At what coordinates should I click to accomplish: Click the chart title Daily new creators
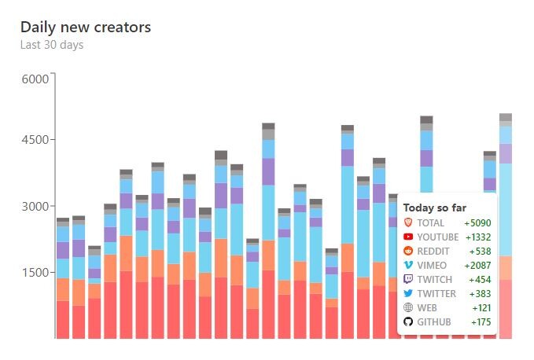86,28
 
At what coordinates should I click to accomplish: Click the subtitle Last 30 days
52,46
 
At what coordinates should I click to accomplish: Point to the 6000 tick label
35,79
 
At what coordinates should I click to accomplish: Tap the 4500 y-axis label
35,140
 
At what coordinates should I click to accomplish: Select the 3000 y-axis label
35,207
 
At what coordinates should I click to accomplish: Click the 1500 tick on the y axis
35,273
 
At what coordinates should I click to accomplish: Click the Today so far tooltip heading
435,208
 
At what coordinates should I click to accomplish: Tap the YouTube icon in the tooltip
408,237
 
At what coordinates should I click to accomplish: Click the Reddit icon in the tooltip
408,251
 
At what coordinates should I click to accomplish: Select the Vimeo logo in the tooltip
408,265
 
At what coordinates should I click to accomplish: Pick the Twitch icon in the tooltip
408,279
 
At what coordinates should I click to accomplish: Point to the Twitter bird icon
408,293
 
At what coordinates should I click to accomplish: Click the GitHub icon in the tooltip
408,322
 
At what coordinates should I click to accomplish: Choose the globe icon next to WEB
408,307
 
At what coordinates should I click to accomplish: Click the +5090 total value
477,223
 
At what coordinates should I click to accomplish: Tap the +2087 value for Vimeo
477,266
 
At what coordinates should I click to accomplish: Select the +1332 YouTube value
478,237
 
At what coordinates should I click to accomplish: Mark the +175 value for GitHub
481,322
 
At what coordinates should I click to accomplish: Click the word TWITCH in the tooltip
435,280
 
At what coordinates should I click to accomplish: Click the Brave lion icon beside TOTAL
408,222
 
